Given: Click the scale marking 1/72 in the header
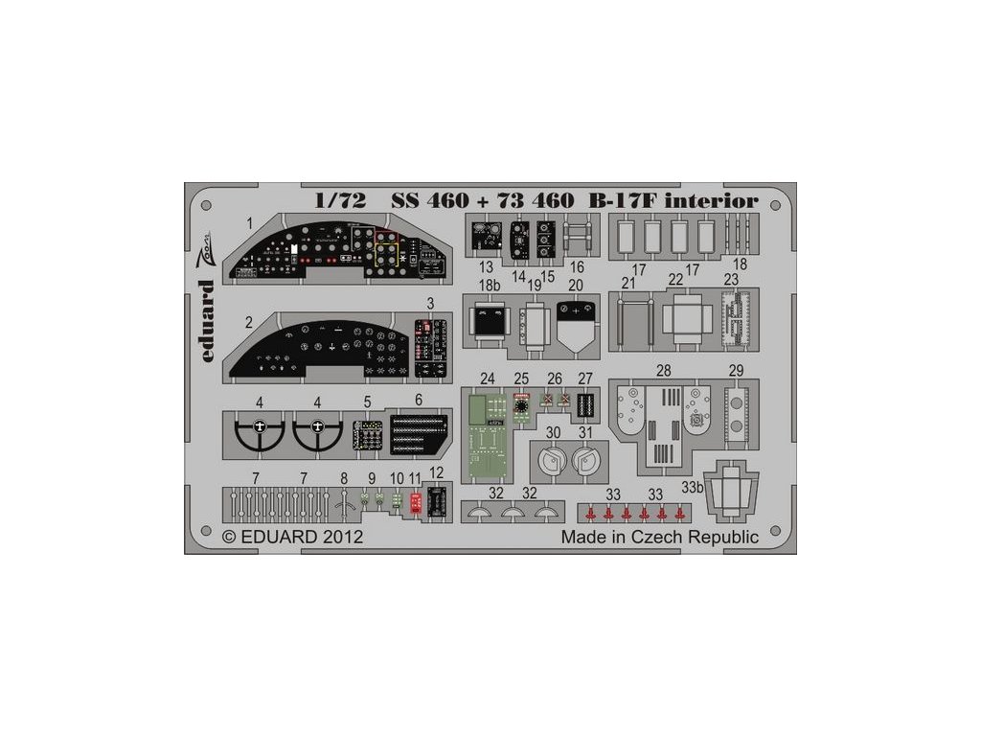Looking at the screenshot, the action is tap(341, 201).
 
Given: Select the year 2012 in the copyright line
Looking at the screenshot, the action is tap(343, 538).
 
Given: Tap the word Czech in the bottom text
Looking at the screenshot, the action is tap(661, 538).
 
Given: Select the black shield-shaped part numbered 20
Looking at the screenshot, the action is tap(577, 324).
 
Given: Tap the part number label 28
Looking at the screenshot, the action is tap(663, 371).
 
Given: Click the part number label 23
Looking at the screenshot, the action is tap(731, 280).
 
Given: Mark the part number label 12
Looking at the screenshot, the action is tap(437, 472).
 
